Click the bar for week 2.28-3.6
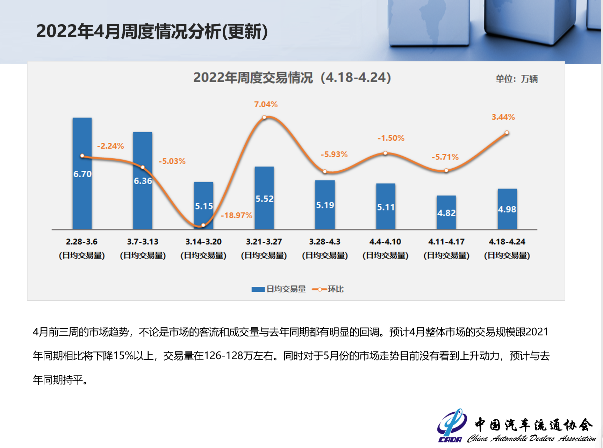coord(82,196)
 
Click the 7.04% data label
coord(266,104)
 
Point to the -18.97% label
coord(237,215)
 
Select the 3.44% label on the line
coord(503,117)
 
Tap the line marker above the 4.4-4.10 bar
coord(385,153)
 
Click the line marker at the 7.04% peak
coord(264,118)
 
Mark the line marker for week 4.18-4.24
coord(507,133)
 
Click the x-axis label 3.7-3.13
coord(143,242)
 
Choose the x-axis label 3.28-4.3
coord(325,242)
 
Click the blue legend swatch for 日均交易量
coord(258,289)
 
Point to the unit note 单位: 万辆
coord(516,79)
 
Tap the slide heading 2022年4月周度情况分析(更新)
coord(152,31)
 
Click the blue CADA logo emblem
coord(452,424)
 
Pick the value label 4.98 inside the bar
coord(507,209)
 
